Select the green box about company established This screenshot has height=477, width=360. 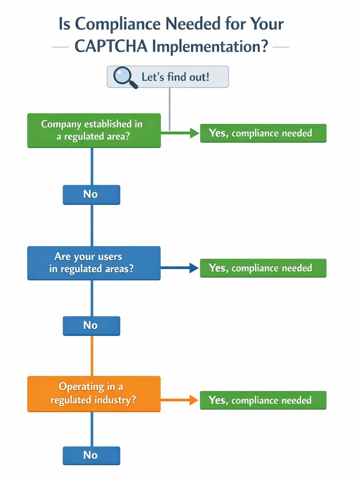click(x=94, y=130)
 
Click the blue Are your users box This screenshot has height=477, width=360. click(x=94, y=263)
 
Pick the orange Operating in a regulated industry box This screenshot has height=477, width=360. click(x=94, y=394)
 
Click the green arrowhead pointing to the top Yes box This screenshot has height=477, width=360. click(x=194, y=133)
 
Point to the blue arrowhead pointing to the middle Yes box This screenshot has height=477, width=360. click(x=194, y=268)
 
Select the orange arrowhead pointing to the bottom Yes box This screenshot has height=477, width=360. click(x=194, y=400)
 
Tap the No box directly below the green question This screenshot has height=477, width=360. click(x=91, y=195)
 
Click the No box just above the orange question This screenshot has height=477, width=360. click(x=91, y=326)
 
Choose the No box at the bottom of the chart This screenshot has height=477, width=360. click(x=91, y=456)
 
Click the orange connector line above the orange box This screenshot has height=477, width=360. click(x=92, y=355)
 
